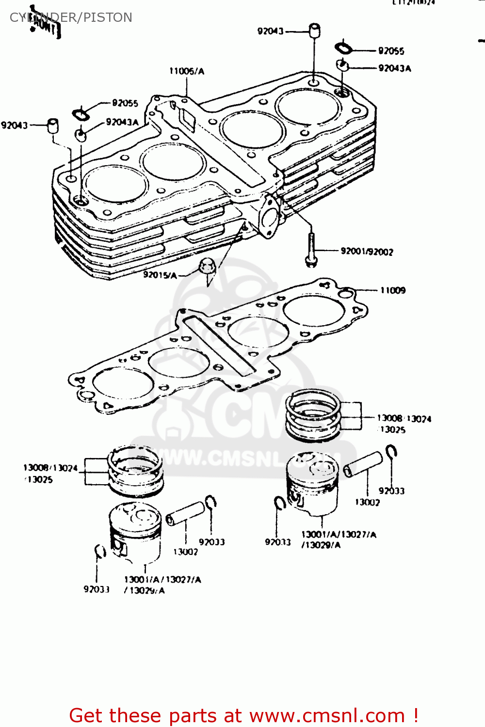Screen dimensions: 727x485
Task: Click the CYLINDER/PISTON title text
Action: [x=71, y=17]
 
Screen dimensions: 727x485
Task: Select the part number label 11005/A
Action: [x=187, y=71]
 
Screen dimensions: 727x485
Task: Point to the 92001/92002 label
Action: [x=367, y=252]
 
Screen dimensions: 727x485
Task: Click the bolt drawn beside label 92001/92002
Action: [x=311, y=249]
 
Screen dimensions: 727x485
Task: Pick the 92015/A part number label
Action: [x=160, y=275]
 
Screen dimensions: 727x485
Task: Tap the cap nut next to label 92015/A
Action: [x=207, y=267]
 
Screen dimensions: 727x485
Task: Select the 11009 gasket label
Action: [x=393, y=290]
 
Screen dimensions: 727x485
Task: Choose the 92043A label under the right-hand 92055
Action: [x=395, y=68]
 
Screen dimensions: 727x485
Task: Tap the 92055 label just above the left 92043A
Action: [x=125, y=103]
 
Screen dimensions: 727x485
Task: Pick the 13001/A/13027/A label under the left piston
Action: [x=162, y=580]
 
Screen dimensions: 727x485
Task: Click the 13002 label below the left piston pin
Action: [x=185, y=552]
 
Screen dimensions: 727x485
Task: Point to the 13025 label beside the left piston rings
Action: [x=40, y=480]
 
